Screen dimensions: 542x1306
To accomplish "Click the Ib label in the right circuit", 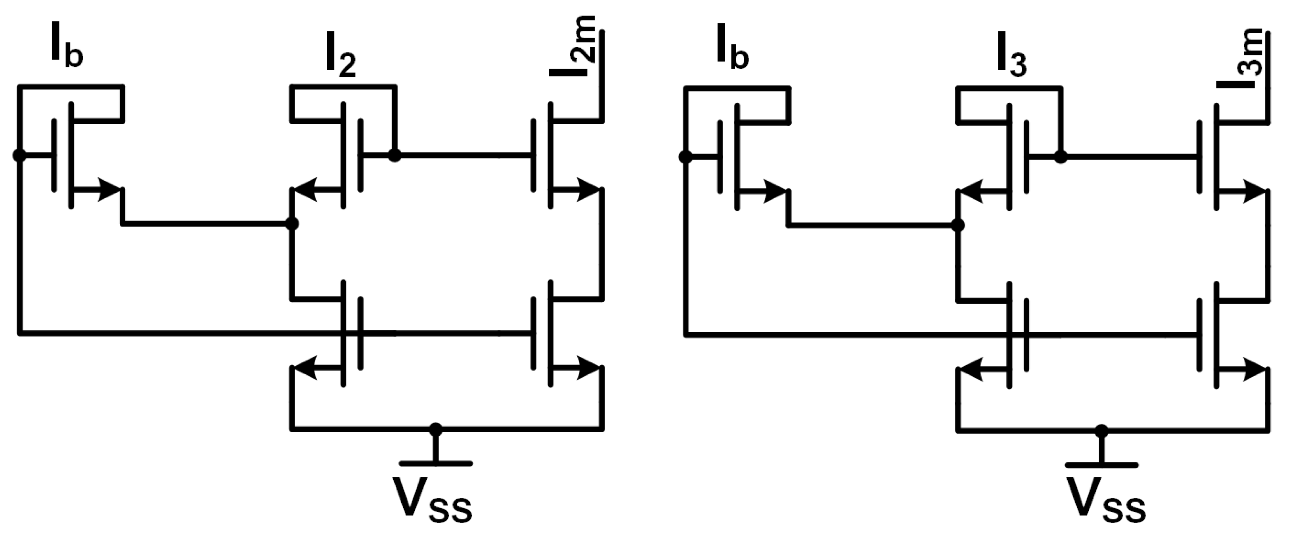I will point(733,51).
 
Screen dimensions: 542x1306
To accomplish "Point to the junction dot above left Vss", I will point(435,429).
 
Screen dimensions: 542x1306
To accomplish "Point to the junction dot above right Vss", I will point(1101,431).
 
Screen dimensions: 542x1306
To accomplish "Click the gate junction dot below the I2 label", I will point(395,155).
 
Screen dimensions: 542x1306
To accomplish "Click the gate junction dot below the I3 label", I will point(1060,157).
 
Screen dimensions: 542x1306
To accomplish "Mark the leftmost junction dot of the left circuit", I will point(19,155).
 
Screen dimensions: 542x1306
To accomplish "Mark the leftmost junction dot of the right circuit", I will point(686,157).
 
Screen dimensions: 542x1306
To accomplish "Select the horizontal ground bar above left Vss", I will point(435,463).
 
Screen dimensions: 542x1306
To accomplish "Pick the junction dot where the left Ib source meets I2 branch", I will point(291,223).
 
